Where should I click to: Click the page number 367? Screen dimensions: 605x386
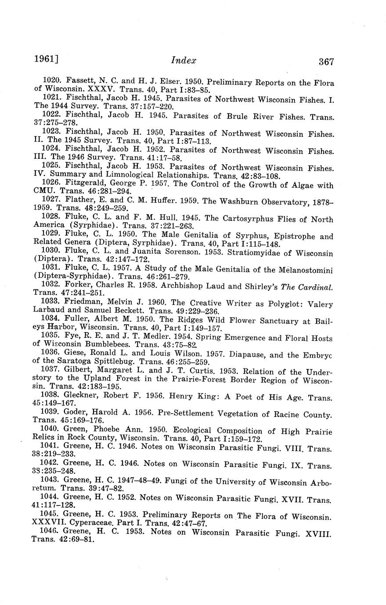coord(326,62)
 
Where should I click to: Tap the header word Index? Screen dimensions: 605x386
coord(184,61)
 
